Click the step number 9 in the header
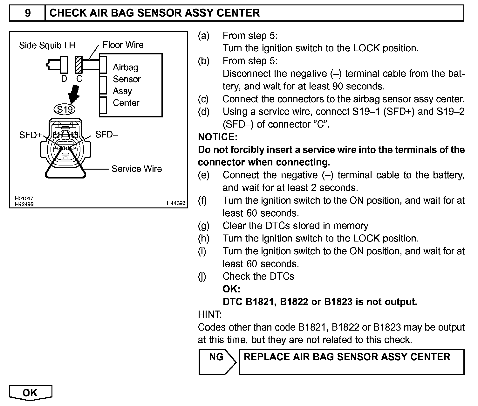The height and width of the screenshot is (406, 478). point(28,13)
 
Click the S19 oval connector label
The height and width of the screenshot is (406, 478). point(65,109)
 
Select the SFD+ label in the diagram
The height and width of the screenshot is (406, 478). point(30,135)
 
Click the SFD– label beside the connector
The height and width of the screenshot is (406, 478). point(106,135)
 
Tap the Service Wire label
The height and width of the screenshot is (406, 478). point(137,169)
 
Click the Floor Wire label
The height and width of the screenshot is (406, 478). point(123,45)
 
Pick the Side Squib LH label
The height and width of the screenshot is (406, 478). point(47,45)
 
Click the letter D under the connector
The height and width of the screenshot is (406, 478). point(64,79)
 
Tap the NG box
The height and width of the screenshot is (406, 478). point(216,357)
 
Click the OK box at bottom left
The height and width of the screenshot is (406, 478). point(30,393)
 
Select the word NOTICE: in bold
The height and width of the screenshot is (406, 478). point(218,137)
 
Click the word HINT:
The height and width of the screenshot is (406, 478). point(210,314)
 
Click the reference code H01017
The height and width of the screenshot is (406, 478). point(24,198)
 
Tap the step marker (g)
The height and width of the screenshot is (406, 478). point(204,226)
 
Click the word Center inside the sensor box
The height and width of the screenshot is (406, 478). point(126,103)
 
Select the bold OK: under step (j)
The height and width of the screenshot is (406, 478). point(231,289)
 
